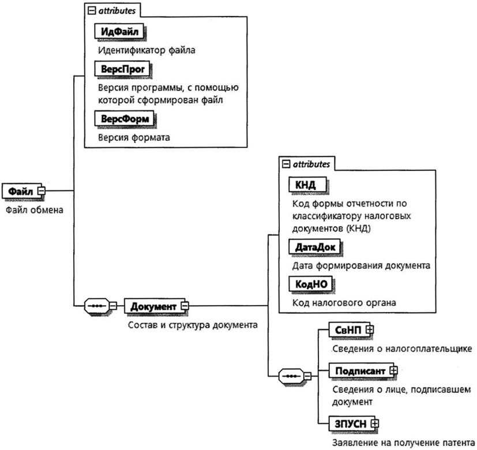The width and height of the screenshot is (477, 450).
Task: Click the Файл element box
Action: pyautogui.click(x=18, y=190)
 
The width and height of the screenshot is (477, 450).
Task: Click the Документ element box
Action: pyautogui.click(x=152, y=305)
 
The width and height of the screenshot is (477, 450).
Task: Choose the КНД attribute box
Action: pyautogui.click(x=306, y=185)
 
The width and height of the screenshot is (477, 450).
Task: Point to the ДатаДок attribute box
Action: pyautogui.click(x=314, y=247)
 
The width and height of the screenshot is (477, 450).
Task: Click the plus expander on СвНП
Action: pyautogui.click(x=370, y=329)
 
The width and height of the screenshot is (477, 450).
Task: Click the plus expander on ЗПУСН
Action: pyautogui.click(x=375, y=423)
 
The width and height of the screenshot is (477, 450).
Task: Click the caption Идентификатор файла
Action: pyautogui.click(x=147, y=50)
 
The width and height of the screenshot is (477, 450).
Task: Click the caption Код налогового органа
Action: pyautogui.click(x=344, y=302)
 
